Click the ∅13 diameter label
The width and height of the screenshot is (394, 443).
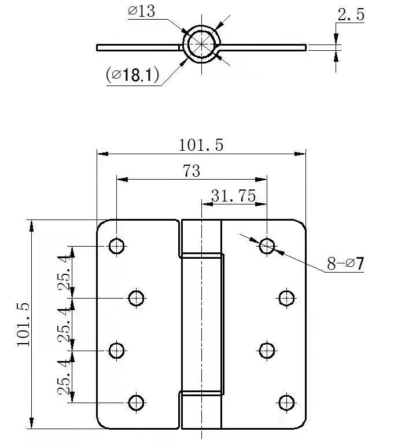click(x=141, y=12)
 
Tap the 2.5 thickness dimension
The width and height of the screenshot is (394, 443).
click(x=351, y=15)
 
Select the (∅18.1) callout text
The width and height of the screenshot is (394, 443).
click(x=133, y=75)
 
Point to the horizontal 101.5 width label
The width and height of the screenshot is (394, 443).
click(x=201, y=145)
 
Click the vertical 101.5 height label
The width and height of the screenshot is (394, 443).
click(x=23, y=324)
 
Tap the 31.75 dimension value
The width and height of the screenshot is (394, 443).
click(x=233, y=196)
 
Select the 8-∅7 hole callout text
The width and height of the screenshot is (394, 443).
click(x=345, y=265)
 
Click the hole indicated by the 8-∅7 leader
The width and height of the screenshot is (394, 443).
click(x=267, y=246)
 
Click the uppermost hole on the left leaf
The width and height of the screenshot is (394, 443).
click(x=117, y=246)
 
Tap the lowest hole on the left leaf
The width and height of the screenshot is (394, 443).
click(x=136, y=402)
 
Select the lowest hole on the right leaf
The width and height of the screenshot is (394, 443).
click(x=286, y=402)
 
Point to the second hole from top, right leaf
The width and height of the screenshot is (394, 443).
click(x=286, y=298)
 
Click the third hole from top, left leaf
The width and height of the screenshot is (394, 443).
click(x=117, y=350)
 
